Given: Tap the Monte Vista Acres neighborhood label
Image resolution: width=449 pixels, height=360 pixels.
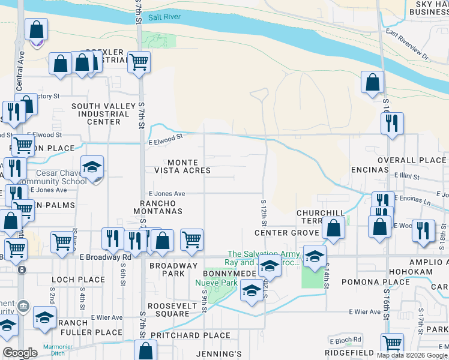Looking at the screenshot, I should tap(189, 166).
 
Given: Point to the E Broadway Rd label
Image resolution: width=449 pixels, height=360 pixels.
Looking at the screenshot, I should tap(105, 257).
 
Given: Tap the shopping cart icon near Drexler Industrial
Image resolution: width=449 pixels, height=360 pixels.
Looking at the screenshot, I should tap(139, 61).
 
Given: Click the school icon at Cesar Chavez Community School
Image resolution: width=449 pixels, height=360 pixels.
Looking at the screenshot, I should tap(92, 167).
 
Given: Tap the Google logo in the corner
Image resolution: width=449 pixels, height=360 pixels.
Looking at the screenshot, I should tap(20, 353).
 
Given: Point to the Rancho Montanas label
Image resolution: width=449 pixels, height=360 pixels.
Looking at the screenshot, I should tap(157, 207).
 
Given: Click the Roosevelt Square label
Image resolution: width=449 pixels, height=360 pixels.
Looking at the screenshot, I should tap(169, 308).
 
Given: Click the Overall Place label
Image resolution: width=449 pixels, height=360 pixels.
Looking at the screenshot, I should tap(412, 160).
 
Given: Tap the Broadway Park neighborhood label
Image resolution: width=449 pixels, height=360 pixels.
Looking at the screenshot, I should tap(173, 269).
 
